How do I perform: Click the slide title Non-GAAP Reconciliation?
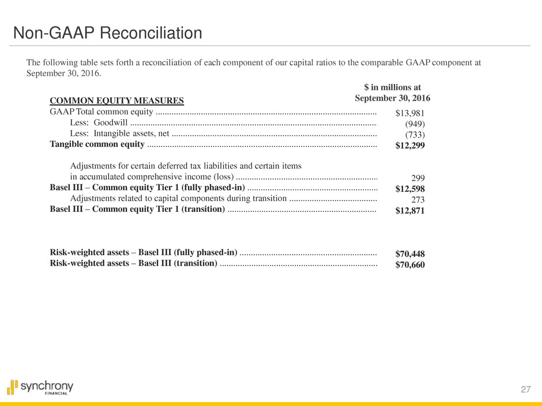[108, 33]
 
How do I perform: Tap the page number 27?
[525, 390]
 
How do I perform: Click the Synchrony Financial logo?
[40, 387]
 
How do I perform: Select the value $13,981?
[410, 113]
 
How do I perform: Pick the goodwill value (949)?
[415, 124]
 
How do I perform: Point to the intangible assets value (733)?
[415, 135]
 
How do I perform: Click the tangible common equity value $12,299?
[410, 146]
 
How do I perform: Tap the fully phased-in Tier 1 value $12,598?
[410, 189]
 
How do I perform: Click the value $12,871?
[410, 211]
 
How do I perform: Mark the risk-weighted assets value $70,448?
[410, 253]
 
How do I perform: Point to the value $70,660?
[410, 265]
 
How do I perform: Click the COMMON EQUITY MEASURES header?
[117, 101]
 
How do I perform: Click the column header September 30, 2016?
[392, 98]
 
